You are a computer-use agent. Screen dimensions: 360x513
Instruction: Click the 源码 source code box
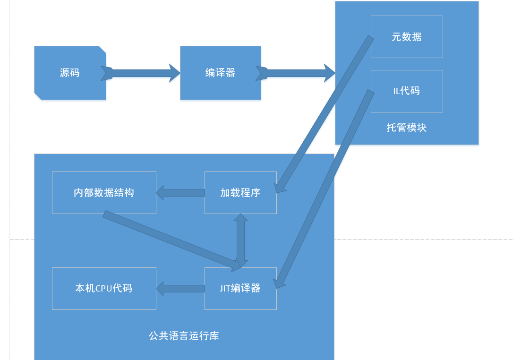pos(70,73)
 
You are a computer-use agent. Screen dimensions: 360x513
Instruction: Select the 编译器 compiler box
pos(220,73)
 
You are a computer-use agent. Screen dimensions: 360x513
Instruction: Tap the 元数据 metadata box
pos(407,37)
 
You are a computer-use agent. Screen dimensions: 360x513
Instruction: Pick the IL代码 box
pos(407,91)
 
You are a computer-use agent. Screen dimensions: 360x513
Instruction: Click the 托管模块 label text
pos(407,128)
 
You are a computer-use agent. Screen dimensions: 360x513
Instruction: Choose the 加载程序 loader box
pos(240,193)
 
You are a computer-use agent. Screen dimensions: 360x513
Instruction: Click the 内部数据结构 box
pos(104,193)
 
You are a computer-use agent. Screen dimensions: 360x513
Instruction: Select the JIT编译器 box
pos(240,288)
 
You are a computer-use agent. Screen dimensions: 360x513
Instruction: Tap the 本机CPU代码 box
pos(104,288)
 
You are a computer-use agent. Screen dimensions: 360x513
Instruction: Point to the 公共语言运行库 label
pos(184,336)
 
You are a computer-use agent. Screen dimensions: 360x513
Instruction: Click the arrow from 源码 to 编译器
pos(142,73)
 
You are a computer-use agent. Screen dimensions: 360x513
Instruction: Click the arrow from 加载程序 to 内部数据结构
pos(180,193)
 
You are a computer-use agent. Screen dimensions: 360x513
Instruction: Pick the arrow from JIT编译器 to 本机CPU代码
pos(180,288)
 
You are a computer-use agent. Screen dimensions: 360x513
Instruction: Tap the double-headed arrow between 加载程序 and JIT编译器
pos(240,240)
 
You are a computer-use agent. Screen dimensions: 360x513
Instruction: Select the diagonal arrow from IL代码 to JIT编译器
pos(326,187)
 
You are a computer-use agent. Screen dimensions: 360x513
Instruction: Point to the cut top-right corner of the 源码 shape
pos(103,49)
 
